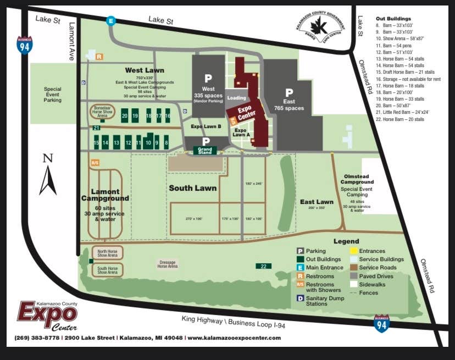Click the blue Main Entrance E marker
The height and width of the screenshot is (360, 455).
pyautogui.click(x=112, y=21)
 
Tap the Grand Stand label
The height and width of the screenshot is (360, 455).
pyautogui.click(x=205, y=150)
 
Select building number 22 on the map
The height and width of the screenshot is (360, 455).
pyautogui.click(x=263, y=266)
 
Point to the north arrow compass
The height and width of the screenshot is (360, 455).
pyautogui.click(x=48, y=174)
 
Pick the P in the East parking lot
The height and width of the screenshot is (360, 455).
pyautogui.click(x=289, y=92)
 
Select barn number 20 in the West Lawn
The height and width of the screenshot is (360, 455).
pyautogui.click(x=125, y=116)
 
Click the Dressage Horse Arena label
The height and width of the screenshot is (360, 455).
pyautogui.click(x=168, y=264)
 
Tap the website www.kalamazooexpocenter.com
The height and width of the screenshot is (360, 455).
pyautogui.click(x=234, y=337)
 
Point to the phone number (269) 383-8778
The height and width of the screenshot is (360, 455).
pyautogui.click(x=37, y=337)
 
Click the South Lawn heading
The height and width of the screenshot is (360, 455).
pyautogui.click(x=192, y=188)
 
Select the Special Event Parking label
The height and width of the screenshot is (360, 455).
pyautogui.click(x=53, y=95)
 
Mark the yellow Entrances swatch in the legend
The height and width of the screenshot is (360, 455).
pyautogui.click(x=354, y=251)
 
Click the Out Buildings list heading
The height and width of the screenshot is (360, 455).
pyautogui.click(x=393, y=18)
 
